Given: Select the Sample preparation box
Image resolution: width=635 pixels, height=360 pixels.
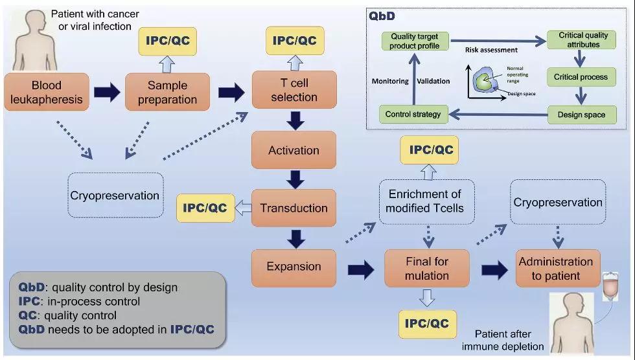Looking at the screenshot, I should (x=167, y=92).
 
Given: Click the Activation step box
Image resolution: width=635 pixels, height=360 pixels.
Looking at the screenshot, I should (x=294, y=150).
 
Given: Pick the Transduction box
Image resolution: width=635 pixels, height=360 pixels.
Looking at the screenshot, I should (x=294, y=208).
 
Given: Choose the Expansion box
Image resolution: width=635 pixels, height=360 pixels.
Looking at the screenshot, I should (x=294, y=266).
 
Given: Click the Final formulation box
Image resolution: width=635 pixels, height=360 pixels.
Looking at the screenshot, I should (x=426, y=268).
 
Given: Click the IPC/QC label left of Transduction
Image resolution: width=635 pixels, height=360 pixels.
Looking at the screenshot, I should (x=205, y=208).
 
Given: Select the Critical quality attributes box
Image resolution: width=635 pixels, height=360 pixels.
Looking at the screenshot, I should (x=579, y=40).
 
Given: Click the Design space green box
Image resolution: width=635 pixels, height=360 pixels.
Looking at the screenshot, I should (x=581, y=115).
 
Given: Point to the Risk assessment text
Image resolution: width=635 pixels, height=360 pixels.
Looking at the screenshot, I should (x=491, y=50).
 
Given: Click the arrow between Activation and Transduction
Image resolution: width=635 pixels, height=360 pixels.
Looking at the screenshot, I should (x=295, y=178).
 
